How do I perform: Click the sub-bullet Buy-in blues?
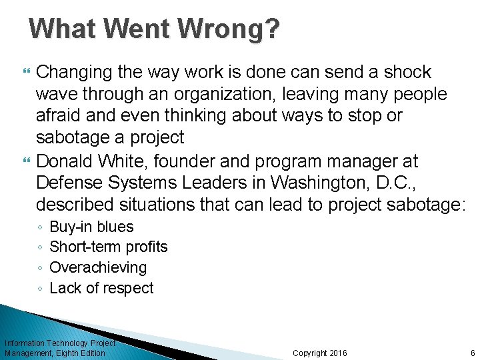click(x=91, y=227)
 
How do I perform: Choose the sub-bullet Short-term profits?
click(x=109, y=247)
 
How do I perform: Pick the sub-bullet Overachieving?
click(x=98, y=267)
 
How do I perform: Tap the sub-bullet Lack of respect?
click(x=101, y=288)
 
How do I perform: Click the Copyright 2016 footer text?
click(x=320, y=353)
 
